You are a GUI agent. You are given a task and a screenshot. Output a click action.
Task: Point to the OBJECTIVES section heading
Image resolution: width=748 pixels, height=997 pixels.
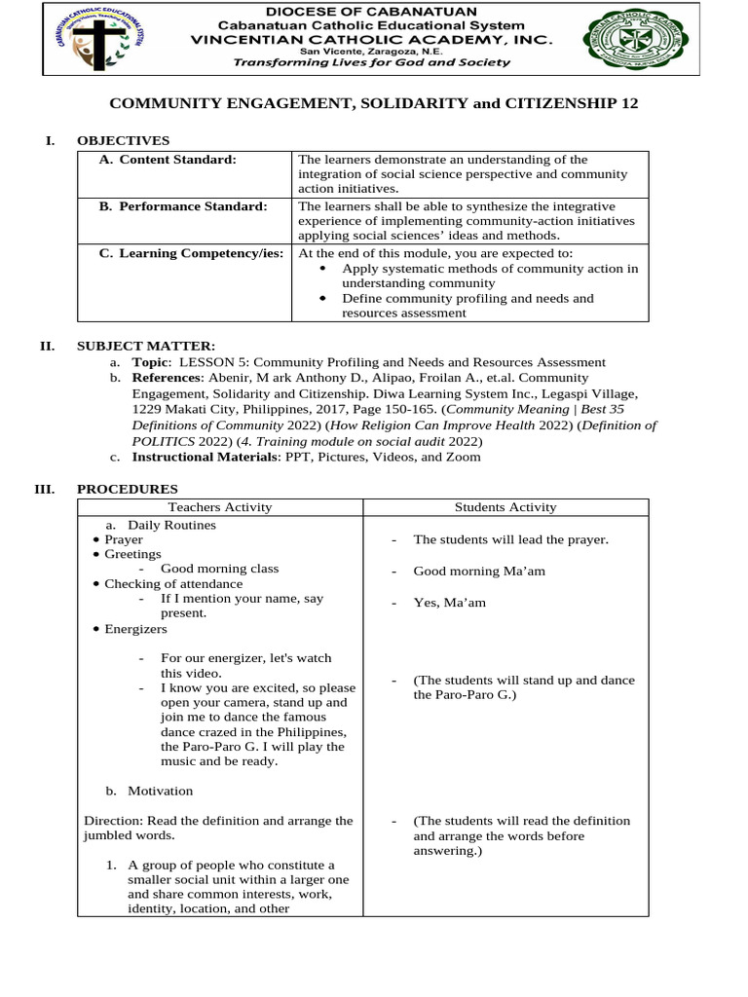[123, 141]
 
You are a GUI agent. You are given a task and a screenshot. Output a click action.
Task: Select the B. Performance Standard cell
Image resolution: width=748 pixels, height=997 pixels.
[183, 206]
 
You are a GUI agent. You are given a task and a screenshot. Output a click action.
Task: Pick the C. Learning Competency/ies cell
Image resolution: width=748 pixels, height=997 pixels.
[191, 253]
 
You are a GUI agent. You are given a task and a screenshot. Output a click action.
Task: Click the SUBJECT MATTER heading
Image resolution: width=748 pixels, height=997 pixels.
[146, 346]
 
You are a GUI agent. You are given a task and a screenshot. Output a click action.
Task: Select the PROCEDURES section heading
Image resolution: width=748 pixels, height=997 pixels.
[127, 489]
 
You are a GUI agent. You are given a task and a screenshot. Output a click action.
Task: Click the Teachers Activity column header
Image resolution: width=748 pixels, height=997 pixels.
[220, 507]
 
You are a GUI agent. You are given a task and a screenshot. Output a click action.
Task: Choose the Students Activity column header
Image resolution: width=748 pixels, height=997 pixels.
[505, 507]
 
